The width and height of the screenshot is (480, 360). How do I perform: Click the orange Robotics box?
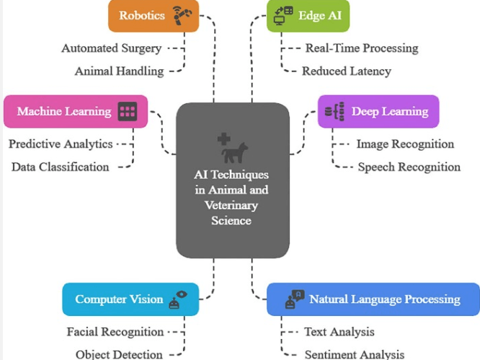[x=153, y=16]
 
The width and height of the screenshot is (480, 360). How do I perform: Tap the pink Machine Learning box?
[x=75, y=111]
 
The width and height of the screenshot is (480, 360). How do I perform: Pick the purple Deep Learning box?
[x=378, y=111]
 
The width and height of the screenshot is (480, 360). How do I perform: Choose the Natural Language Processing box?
[x=373, y=299]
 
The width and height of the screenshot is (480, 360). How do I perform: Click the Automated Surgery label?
[x=111, y=48]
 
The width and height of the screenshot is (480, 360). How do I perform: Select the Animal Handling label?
[x=119, y=71]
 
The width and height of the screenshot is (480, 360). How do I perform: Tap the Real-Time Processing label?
[x=361, y=48]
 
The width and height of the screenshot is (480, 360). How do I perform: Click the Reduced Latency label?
[x=346, y=71]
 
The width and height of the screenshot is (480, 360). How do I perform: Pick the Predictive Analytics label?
[x=61, y=144]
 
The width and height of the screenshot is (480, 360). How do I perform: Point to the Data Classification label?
[x=61, y=167]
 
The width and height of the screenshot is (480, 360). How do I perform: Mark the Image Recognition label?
[x=405, y=144]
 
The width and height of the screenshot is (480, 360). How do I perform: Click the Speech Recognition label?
[x=409, y=167]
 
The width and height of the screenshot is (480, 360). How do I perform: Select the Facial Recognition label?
[x=115, y=332]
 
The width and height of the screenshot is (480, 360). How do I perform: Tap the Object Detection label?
[x=119, y=354]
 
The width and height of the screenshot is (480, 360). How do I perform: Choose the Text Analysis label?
[x=339, y=332]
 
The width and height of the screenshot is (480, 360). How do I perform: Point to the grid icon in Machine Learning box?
[x=128, y=111]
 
